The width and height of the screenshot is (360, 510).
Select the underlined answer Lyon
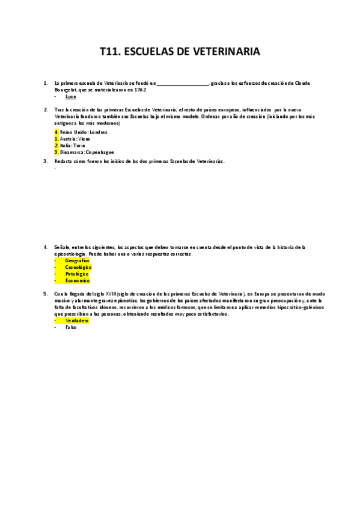[x=71, y=96]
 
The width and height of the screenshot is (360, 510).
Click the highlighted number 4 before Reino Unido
[x=56, y=132]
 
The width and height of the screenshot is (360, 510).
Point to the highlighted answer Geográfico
[x=77, y=260]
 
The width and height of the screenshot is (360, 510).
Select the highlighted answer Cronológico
[x=78, y=267]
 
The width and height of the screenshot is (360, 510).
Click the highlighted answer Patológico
[x=76, y=274]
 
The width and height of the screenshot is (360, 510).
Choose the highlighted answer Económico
[x=77, y=280]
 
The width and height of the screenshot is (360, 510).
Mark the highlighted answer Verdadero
[x=76, y=321]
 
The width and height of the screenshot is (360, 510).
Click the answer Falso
[x=71, y=327]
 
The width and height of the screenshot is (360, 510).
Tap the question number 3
[x=46, y=161]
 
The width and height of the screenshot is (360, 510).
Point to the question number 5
[x=46, y=293]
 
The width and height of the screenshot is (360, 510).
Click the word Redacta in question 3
[x=63, y=161]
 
